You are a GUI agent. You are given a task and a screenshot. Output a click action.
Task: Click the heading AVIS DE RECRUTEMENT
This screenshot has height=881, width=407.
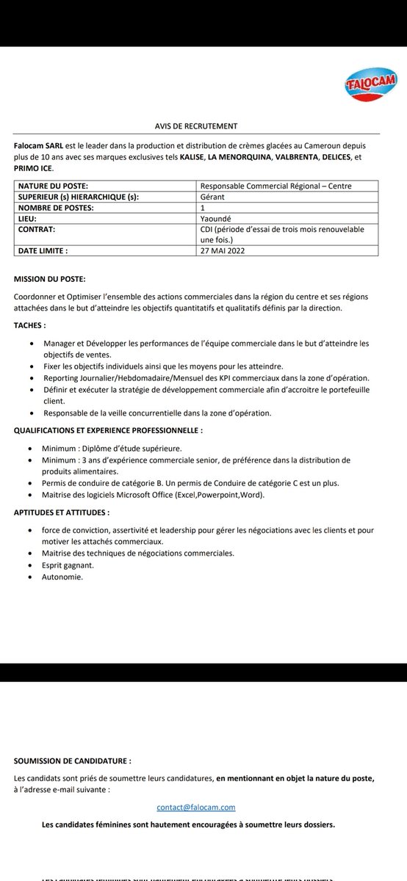[196, 126]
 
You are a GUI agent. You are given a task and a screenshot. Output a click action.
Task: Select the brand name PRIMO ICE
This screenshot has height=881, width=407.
[33, 168]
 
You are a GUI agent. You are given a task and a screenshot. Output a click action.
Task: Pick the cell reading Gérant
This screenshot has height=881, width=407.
[213, 197]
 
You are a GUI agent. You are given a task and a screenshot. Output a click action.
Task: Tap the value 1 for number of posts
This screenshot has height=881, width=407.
[203, 208]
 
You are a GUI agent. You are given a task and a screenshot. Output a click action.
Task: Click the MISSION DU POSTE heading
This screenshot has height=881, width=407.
[49, 279]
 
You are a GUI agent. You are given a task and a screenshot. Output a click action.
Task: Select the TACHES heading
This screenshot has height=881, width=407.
[30, 325]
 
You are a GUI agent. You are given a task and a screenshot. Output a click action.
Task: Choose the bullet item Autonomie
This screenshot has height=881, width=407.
[63, 577]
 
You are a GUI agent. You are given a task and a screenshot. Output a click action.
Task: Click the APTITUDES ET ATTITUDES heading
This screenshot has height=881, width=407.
[62, 512]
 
